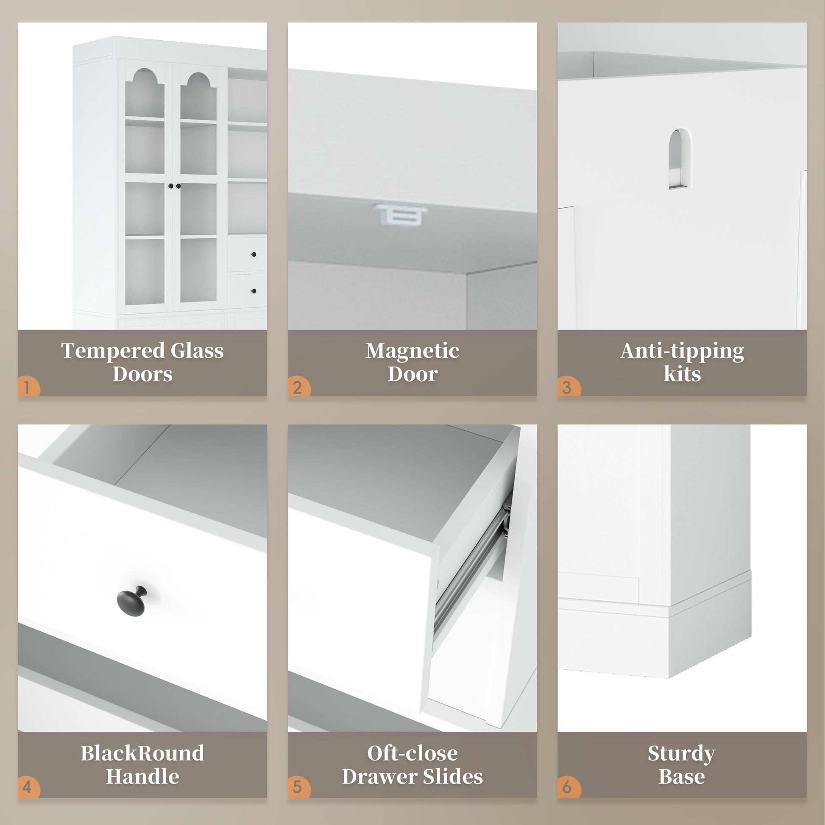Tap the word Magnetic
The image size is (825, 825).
tap(412, 351)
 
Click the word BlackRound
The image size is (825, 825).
tap(142, 753)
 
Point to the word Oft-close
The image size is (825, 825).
tap(412, 753)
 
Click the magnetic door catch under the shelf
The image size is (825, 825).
tap(401, 215)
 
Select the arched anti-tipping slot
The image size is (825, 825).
tap(680, 158)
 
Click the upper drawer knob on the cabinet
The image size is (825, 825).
tap(254, 254)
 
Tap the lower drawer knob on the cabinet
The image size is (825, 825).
tap(254, 291)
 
